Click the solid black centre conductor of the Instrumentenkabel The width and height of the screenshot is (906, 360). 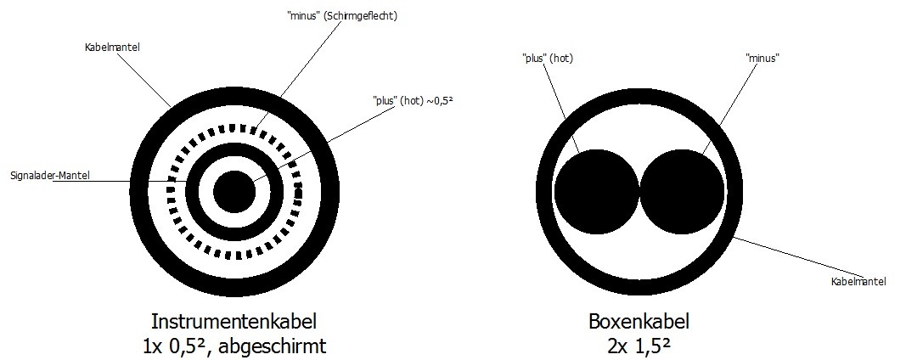234,191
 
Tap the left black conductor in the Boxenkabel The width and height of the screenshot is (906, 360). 597,191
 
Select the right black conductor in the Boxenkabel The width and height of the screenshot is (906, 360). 683,191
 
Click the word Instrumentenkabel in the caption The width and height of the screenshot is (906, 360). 234,321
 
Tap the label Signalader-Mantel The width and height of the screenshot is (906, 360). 50,175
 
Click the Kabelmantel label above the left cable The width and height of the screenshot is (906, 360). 112,48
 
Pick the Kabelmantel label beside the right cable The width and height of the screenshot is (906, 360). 858,282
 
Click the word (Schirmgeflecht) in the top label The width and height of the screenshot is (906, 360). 360,16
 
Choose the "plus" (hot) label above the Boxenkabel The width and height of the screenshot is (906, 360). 548,58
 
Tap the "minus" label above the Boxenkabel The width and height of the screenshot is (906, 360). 763,58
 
